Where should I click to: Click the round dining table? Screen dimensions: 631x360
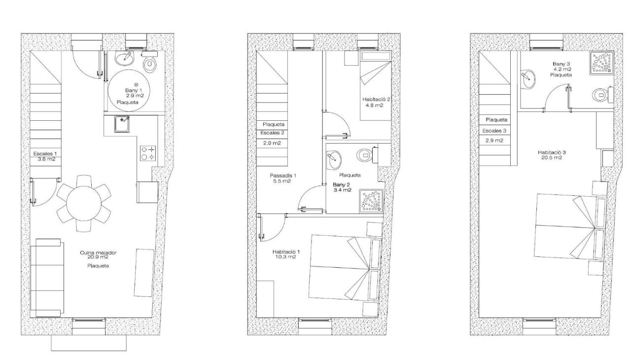tap(84, 204)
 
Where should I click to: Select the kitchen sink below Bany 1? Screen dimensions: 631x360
tap(122, 124)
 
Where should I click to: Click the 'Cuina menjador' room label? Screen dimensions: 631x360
tap(98, 252)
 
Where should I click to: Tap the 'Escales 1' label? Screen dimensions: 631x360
tap(45, 153)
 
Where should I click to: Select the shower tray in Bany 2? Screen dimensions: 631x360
tap(372, 201)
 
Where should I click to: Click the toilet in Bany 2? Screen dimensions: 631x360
tap(367, 155)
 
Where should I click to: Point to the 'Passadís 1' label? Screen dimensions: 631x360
tap(283, 176)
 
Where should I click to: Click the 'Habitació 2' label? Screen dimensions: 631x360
tap(376, 99)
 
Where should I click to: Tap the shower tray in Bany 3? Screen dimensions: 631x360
tap(602, 63)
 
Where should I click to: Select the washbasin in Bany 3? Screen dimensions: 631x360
tap(527, 79)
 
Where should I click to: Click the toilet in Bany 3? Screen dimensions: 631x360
tap(603, 95)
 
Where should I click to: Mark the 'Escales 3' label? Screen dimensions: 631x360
tap(494, 131)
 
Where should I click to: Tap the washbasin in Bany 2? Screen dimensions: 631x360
tap(334, 160)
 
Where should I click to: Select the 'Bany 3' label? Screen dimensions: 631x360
tap(561, 64)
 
